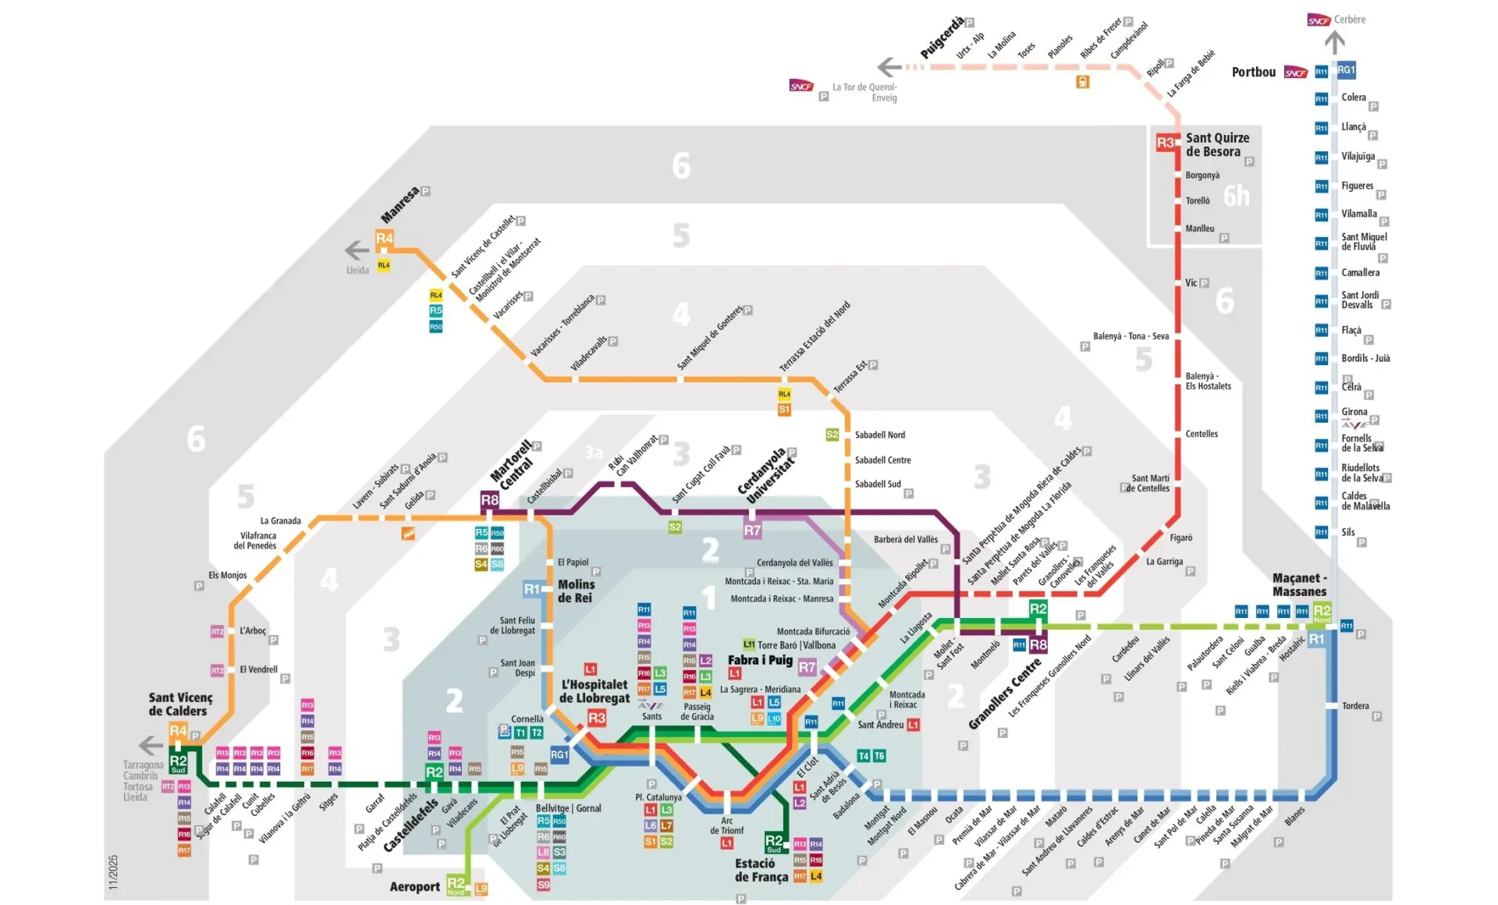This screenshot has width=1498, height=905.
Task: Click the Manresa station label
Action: click(x=399, y=204)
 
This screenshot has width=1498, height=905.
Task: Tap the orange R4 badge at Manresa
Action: click(x=385, y=238)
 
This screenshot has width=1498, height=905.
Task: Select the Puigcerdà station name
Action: click(x=942, y=37)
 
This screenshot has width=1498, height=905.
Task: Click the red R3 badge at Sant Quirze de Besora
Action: click(x=1165, y=142)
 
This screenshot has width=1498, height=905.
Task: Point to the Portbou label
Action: click(x=1253, y=72)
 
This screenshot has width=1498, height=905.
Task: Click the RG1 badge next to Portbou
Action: click(x=1346, y=70)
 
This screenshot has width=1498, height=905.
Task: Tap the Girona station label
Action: click(x=1354, y=411)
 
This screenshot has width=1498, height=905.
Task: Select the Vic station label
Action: click(x=1191, y=282)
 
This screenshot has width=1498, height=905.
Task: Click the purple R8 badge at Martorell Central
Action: click(x=489, y=499)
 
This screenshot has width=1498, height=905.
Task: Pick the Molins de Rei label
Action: click(x=576, y=591)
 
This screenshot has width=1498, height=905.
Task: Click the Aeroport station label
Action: click(x=415, y=886)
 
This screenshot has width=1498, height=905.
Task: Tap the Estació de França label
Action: click(x=761, y=870)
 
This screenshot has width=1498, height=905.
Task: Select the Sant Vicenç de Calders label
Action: click(x=180, y=704)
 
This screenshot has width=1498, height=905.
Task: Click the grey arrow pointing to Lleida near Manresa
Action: click(x=357, y=250)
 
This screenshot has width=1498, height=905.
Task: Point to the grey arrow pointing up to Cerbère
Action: click(x=1335, y=42)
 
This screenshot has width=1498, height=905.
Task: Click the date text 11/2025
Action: click(x=113, y=871)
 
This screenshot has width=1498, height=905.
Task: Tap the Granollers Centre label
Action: click(x=1005, y=694)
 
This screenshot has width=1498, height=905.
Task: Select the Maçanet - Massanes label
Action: click(x=1299, y=584)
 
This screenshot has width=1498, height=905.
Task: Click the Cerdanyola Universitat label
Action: click(x=766, y=475)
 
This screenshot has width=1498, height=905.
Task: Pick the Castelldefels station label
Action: click(x=410, y=825)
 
